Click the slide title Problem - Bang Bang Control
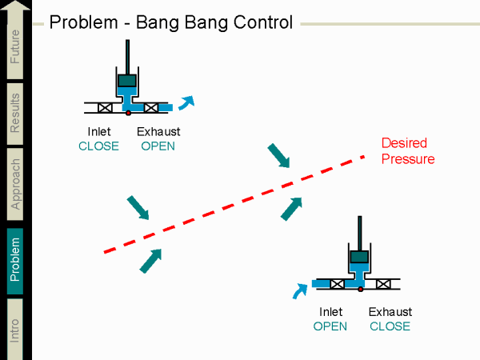point(170,22)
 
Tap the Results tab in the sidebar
point(16,113)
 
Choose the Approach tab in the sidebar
point(16,183)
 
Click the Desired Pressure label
point(407,151)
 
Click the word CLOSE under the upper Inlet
point(98,146)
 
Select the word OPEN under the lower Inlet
point(330,326)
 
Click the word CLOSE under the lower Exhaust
point(390,326)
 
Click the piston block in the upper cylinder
point(127,80)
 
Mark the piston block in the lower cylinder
point(360,257)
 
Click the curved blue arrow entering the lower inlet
point(301,290)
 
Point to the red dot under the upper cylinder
point(128,113)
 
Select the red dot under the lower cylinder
point(361,289)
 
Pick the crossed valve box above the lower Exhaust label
point(384,284)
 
